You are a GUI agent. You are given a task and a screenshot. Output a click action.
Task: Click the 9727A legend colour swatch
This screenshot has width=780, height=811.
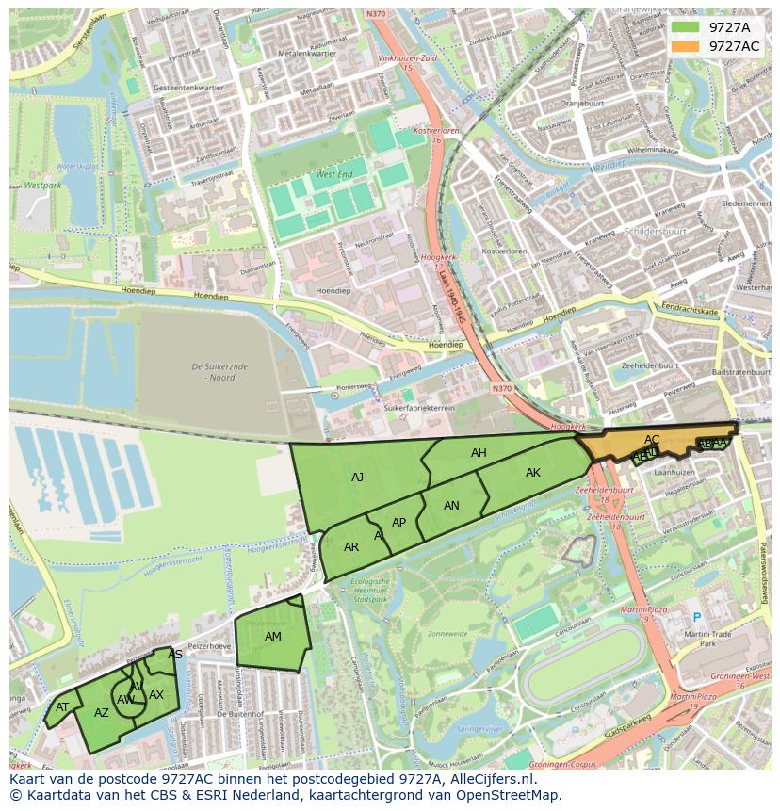[685, 27]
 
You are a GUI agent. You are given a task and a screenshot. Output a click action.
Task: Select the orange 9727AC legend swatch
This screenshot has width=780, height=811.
[685, 46]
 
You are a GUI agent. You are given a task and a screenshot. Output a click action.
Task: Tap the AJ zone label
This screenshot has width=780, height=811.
[357, 478]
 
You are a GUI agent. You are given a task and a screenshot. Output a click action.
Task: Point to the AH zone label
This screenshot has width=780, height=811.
[479, 453]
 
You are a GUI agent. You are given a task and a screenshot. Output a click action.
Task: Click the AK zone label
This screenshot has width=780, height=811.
[533, 473]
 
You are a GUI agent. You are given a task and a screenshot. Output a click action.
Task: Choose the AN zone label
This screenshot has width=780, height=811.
[451, 506]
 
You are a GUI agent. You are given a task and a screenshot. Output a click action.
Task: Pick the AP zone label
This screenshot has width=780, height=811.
[398, 523]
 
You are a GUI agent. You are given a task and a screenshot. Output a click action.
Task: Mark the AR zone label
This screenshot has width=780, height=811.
[351, 547]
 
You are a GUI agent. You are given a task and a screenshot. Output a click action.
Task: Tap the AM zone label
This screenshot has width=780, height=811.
[272, 637]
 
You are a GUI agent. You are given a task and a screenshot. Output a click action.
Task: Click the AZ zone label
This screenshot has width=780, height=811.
[102, 713]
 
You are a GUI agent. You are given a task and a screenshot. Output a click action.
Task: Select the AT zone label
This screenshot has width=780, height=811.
[62, 707]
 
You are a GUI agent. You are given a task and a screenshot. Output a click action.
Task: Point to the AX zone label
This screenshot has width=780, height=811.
[156, 695]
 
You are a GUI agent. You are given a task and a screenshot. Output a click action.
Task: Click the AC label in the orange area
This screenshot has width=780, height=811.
[652, 440]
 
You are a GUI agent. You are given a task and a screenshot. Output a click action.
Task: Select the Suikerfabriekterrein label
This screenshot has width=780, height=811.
[420, 409]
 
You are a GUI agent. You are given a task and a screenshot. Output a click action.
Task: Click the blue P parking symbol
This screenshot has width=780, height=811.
[697, 618]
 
